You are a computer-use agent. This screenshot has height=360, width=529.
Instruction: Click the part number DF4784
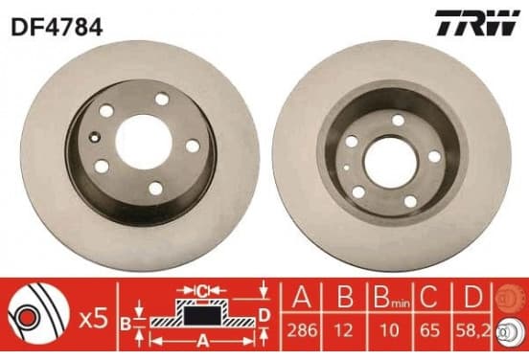point(57,27)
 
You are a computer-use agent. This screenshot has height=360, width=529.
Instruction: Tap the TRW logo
point(477,23)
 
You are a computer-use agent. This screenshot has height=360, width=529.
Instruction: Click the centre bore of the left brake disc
point(144,142)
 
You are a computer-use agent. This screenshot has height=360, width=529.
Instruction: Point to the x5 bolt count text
point(94,319)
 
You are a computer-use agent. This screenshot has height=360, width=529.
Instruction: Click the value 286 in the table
point(302,329)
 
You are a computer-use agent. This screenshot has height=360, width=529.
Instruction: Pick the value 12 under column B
point(344,329)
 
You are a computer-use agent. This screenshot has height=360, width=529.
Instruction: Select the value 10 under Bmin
point(389,329)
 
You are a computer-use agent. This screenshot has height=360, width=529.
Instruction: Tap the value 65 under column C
point(429,329)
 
